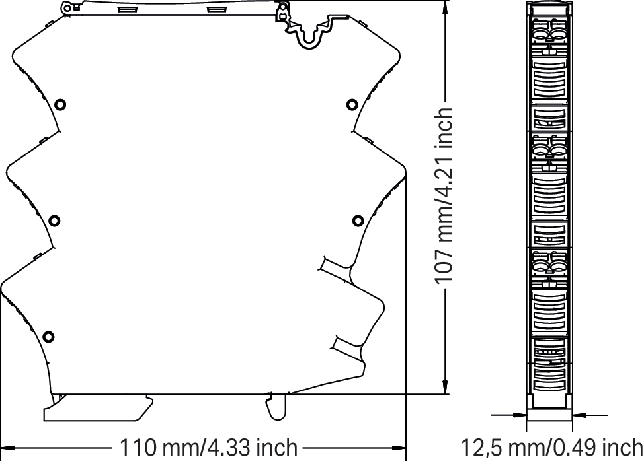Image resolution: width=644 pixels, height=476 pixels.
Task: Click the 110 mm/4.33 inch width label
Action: [208, 448]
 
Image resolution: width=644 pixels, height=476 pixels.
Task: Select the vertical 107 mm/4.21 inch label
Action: [444, 195]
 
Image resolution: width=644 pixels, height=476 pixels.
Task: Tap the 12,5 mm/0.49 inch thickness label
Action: [552, 448]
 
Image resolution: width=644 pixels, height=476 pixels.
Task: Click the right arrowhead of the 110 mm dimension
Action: [399, 448]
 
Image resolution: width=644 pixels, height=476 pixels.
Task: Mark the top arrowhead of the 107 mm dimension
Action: [445, 8]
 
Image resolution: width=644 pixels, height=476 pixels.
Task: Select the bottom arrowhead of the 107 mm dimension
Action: [445, 387]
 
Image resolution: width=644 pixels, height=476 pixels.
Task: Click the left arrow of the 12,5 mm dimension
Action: [519, 415]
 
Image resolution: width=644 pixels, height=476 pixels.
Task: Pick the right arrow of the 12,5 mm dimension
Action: [579, 415]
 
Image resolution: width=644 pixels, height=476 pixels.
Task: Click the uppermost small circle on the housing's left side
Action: [60, 104]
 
